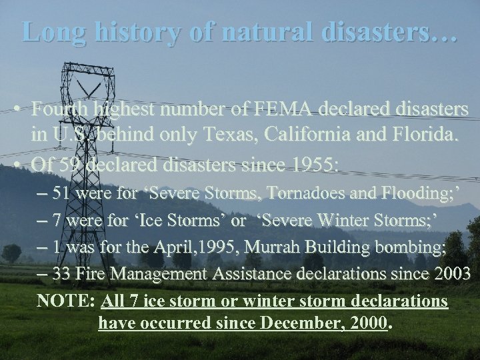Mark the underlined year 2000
pos(370,325)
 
